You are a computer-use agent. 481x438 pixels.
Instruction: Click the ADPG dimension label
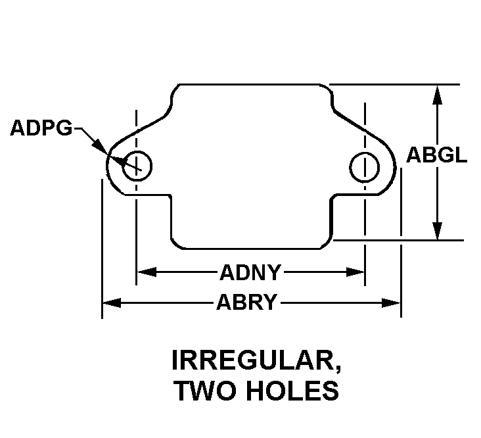pos(41,128)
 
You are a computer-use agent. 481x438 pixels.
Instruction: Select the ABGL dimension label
pos(436,155)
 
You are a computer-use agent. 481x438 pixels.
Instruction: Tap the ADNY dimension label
pos(250,272)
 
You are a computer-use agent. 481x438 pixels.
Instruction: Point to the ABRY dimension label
pos(247,303)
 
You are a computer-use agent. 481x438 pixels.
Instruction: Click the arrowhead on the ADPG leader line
pos(101,147)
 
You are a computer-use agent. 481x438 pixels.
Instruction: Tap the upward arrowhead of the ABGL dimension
pos(437,95)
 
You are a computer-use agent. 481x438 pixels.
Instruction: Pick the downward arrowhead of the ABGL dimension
pos(437,230)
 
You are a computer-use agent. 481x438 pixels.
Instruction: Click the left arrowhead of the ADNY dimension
pos(147,272)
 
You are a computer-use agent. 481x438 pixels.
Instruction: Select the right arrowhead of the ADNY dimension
pos(355,272)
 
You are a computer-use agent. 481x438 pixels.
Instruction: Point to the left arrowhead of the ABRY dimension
pos(112,303)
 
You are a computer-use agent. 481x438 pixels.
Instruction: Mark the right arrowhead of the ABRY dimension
pos(391,303)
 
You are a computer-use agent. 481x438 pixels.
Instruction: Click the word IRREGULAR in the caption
pos(253,360)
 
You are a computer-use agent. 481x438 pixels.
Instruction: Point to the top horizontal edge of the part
pos(249,84)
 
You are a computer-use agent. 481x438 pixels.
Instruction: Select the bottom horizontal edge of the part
pos(252,249)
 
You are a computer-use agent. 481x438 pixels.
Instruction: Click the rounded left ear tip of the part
pos(107,165)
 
